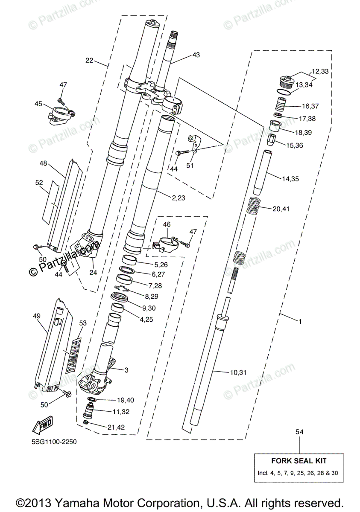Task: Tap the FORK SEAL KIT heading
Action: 299,461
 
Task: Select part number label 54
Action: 299,433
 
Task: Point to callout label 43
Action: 196,55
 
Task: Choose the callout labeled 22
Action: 89,61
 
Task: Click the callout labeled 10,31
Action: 238,372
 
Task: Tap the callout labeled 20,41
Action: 281,209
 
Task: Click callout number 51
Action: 190,166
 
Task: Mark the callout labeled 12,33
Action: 320,71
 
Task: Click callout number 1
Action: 300,321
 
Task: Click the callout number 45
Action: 38,104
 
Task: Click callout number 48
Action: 43,163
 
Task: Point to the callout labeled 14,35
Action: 290,180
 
